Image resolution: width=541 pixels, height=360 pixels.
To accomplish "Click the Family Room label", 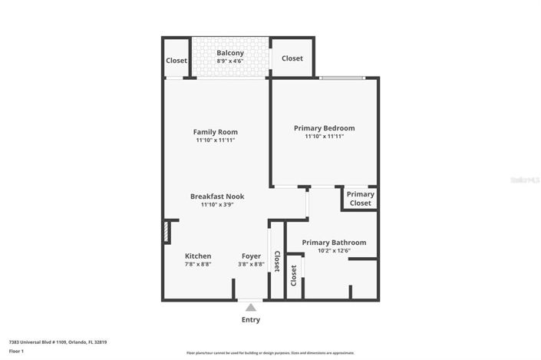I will coord(215,131).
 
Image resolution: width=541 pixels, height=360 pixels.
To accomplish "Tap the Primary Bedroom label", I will coord(324,127).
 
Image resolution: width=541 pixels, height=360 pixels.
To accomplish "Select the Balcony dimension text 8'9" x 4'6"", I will coord(230,61).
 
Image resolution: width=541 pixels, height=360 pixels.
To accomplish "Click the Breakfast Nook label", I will coord(216,197).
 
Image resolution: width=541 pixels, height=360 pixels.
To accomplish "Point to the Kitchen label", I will coord(198,256).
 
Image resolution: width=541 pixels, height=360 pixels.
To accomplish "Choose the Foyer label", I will coord(251,256).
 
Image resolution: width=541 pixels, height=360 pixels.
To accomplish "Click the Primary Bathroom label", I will coord(334,242).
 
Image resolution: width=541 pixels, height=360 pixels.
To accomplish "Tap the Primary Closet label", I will coord(360,199).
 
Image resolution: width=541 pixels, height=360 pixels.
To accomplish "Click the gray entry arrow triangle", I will coord(251,307).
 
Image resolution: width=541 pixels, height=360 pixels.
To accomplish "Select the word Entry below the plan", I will coord(251,319).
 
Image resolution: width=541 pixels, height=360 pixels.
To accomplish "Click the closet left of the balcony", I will coord(176,61).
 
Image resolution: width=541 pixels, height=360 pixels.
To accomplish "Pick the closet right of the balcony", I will coord(292,58).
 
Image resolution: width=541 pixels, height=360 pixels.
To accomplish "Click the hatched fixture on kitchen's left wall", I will coord(167,233).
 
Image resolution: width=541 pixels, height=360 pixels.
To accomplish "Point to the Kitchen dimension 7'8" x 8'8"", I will coord(198,264).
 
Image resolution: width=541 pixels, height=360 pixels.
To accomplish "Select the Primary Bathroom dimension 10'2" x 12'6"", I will coord(334,250).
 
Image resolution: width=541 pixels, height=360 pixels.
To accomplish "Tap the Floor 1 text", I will coord(17,351).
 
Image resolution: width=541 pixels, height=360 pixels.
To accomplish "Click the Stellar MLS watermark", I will coord(525,180).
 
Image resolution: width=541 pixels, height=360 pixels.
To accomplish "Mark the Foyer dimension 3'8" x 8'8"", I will coord(251,264).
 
